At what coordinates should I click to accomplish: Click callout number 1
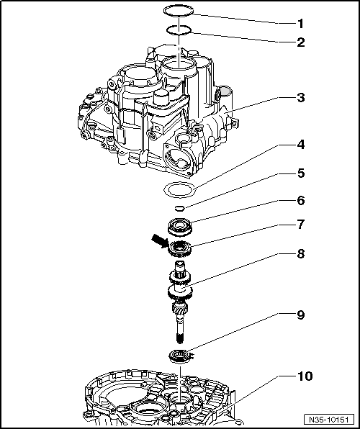(300, 24)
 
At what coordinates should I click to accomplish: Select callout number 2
(301, 42)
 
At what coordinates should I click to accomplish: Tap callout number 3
(301, 97)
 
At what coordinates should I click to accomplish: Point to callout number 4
(301, 145)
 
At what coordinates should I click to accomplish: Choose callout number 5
(301, 173)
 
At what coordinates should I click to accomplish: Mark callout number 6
(301, 201)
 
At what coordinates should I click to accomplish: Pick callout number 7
(301, 225)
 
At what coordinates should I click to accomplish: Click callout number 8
(301, 254)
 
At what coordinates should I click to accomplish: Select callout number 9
(301, 315)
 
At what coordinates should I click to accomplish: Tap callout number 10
(305, 376)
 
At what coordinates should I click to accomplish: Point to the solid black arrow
(160, 240)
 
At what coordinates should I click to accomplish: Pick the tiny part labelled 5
(179, 208)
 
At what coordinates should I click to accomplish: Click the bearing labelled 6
(179, 226)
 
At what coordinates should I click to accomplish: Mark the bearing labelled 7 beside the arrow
(179, 248)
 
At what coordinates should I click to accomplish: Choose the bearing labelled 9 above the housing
(179, 356)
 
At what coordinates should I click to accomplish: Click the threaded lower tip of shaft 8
(179, 339)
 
